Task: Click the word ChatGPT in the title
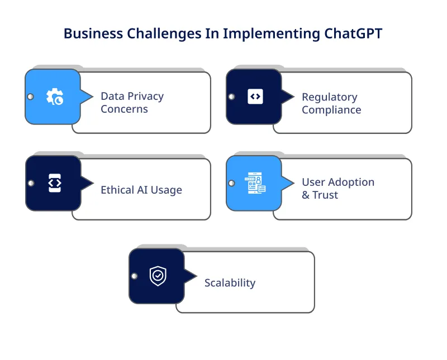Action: (x=354, y=33)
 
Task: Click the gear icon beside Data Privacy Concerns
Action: (x=54, y=97)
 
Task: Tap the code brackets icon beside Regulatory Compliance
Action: (x=255, y=97)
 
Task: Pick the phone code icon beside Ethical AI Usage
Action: (x=54, y=183)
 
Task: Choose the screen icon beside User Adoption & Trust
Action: (x=255, y=183)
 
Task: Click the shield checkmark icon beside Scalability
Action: (x=158, y=276)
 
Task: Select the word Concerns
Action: (x=124, y=109)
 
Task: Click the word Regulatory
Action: (x=329, y=97)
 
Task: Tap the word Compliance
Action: (x=331, y=110)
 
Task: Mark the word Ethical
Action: (x=118, y=190)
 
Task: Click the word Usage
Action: (x=166, y=190)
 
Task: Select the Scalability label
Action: (x=230, y=282)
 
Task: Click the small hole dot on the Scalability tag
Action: (x=134, y=276)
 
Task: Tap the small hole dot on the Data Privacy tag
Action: (x=30, y=97)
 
